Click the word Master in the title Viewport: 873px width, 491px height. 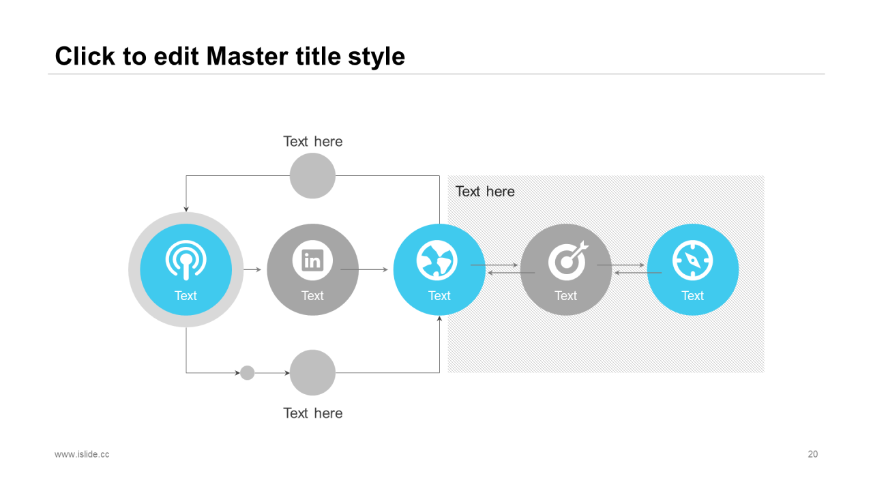tap(239, 56)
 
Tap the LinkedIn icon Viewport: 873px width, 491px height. tap(312, 260)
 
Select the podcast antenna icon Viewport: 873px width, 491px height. tap(186, 260)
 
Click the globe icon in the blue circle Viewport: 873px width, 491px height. tap(437, 261)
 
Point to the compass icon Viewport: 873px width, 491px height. tap(692, 261)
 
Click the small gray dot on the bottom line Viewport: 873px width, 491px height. tap(248, 373)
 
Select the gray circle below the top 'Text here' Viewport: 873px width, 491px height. tap(312, 176)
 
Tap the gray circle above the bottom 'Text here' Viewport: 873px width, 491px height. tap(312, 373)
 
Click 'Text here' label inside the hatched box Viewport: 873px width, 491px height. tap(485, 192)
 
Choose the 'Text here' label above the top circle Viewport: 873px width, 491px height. tap(313, 142)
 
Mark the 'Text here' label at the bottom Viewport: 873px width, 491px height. tap(313, 413)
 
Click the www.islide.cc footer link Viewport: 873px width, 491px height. tap(82, 454)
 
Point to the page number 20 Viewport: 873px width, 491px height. tap(812, 454)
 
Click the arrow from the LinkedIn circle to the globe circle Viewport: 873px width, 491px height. tap(364, 270)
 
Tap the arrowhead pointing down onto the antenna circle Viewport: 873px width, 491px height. tap(186, 208)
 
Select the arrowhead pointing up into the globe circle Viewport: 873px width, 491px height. tap(439, 318)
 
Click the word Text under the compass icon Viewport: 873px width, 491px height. tap(692, 296)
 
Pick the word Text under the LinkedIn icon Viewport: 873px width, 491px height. tap(312, 296)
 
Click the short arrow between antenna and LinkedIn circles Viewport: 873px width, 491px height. tap(252, 270)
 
